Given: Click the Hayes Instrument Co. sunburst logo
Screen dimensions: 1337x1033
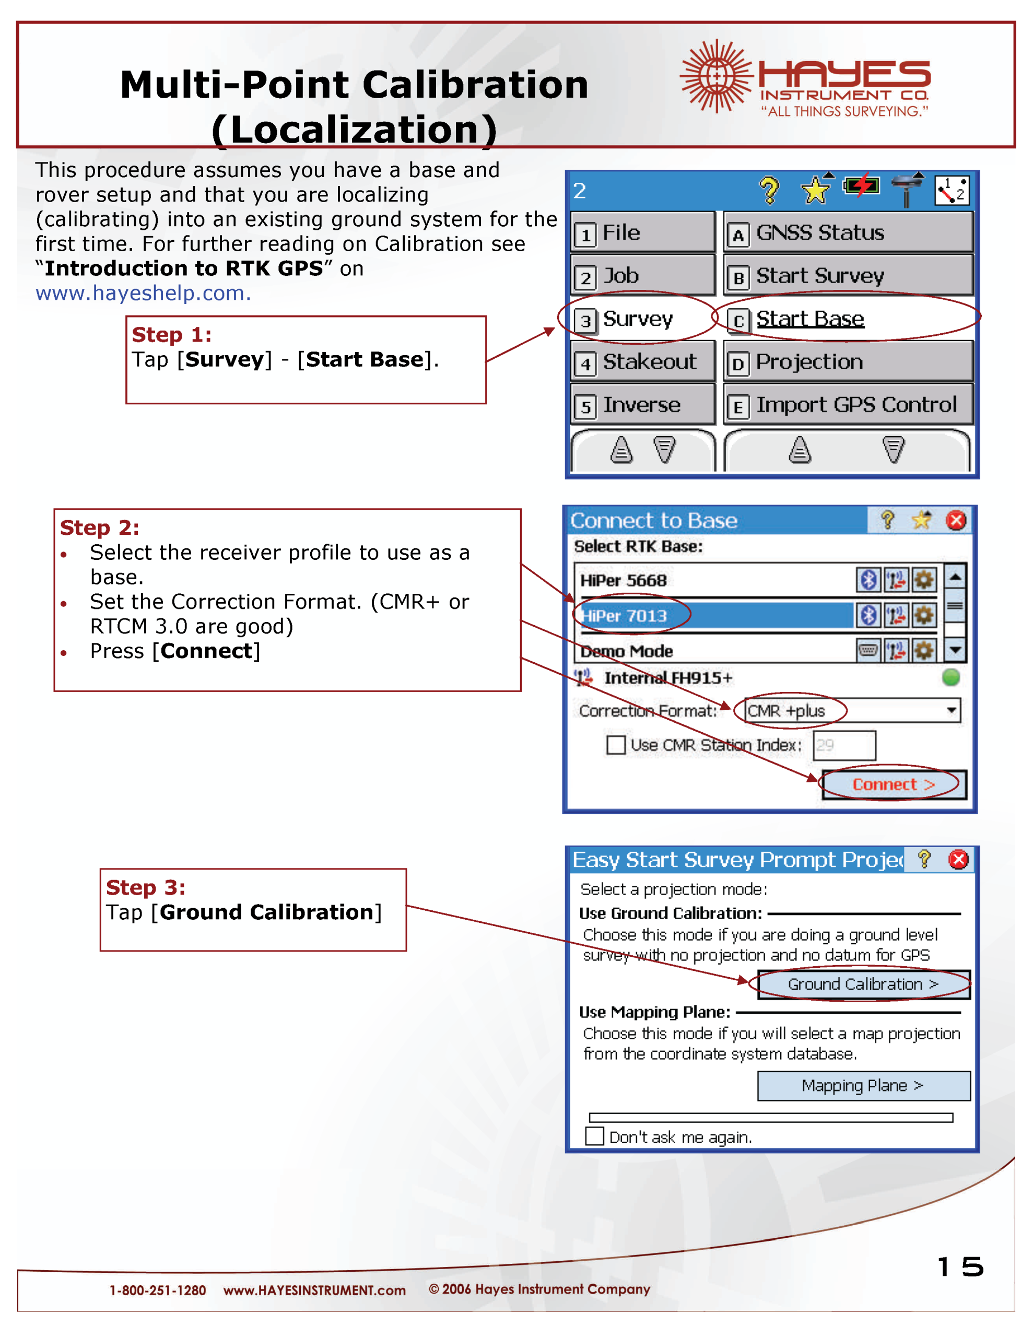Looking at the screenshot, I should (x=715, y=76).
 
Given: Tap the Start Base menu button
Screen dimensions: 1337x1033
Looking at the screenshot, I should (x=848, y=319).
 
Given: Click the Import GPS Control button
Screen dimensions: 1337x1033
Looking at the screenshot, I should (x=848, y=405).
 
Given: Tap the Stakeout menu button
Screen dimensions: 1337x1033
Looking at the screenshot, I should (x=642, y=362).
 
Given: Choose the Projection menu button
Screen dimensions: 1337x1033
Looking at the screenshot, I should (x=848, y=362).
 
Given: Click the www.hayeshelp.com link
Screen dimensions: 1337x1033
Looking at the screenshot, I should (x=143, y=293).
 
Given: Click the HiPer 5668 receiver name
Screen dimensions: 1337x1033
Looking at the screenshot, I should (x=624, y=580).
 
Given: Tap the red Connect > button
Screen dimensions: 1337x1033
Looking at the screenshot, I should (x=894, y=784).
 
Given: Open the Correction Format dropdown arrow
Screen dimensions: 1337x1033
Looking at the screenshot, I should (x=951, y=711).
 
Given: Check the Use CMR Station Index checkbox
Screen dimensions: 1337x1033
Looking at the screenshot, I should (x=615, y=745).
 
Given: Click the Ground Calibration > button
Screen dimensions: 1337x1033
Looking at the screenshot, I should (x=863, y=984).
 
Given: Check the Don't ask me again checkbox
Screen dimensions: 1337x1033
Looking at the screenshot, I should (x=594, y=1136).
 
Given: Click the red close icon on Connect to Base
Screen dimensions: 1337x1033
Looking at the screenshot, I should (x=956, y=520).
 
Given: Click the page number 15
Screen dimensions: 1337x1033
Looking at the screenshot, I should (x=959, y=1266).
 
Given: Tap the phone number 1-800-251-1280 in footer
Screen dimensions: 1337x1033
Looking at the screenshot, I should (x=157, y=1291).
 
